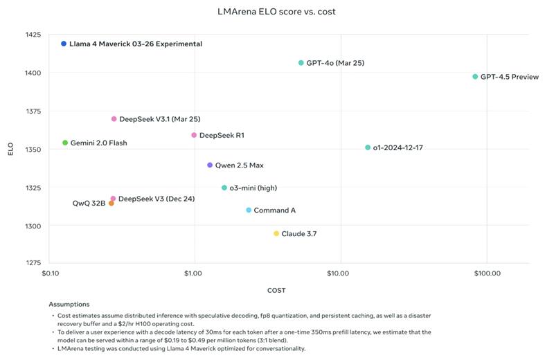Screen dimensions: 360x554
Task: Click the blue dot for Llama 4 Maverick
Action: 64,44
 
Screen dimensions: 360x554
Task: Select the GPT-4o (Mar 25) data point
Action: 301,63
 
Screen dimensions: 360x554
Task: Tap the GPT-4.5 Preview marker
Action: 475,77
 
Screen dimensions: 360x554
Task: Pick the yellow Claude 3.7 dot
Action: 276,234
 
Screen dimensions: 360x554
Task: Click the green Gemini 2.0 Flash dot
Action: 65,143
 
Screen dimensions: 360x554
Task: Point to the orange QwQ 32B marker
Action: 111,204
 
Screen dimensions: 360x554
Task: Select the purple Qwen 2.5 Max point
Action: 210,165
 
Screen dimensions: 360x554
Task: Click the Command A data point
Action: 249,210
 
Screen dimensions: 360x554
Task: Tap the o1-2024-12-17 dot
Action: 368,147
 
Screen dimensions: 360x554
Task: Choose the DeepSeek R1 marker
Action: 194,135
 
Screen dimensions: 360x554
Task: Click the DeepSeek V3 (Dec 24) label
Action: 157,199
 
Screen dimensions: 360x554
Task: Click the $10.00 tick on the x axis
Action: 339,274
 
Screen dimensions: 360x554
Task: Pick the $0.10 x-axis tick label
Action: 50,274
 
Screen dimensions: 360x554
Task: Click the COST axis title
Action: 276,290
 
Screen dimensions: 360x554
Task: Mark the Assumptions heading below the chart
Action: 69,304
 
